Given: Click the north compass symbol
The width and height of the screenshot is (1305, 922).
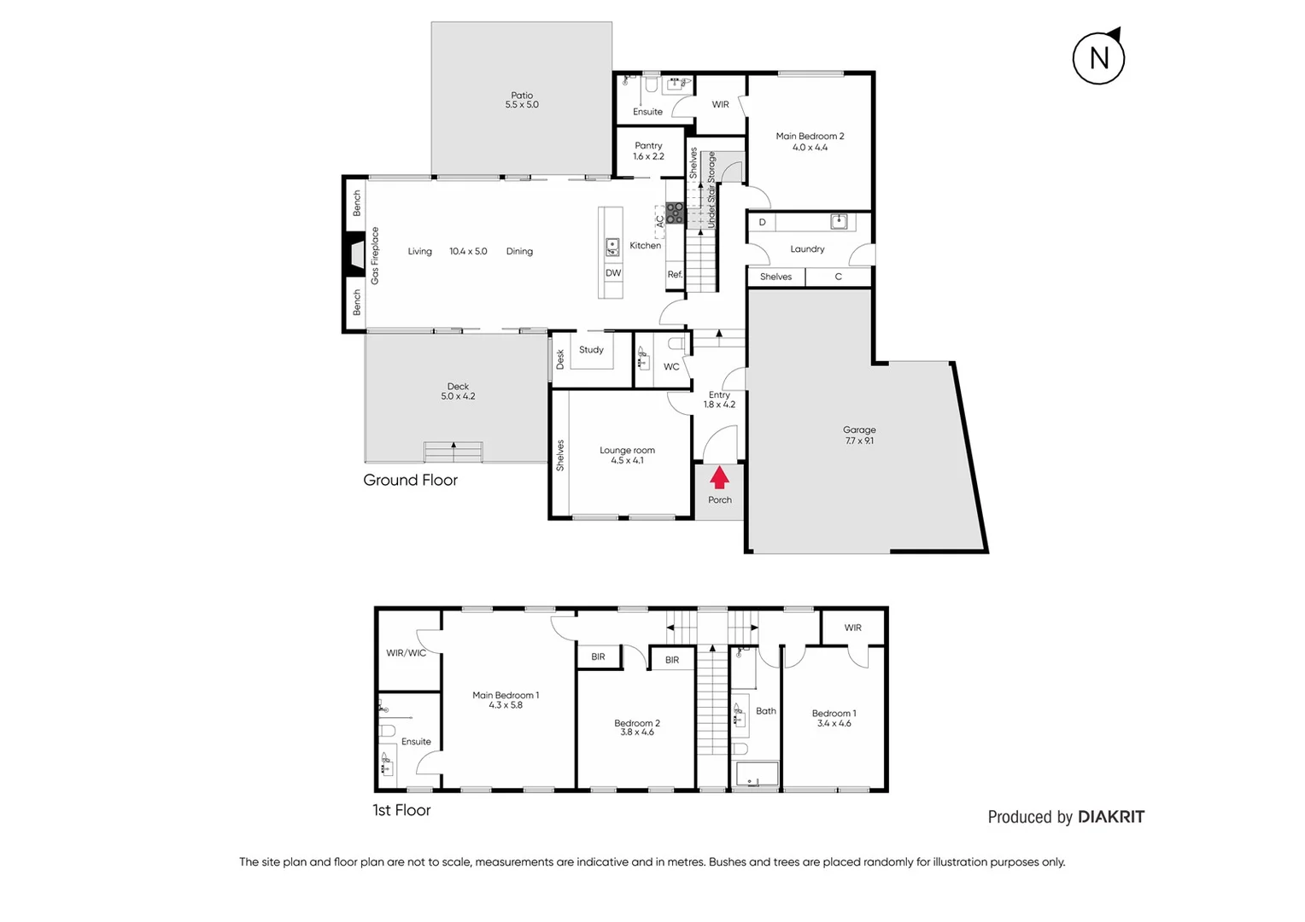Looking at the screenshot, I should click(x=1098, y=57).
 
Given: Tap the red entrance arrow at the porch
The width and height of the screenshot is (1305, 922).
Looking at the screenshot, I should click(x=719, y=477).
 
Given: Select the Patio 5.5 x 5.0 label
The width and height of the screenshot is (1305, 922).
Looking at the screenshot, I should click(x=522, y=100).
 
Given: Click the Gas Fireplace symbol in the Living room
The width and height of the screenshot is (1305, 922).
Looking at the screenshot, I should click(x=354, y=255).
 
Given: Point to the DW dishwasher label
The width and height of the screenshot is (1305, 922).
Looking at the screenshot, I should click(x=613, y=273).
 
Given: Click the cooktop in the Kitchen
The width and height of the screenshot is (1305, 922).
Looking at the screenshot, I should click(x=675, y=213).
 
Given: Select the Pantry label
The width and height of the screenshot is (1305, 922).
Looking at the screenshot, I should click(x=648, y=151).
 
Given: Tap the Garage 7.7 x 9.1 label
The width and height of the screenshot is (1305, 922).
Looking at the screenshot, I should click(x=859, y=435).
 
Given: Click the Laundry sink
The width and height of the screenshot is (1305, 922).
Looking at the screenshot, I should click(x=839, y=222).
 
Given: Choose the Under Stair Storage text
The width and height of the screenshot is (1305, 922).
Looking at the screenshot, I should click(x=711, y=190).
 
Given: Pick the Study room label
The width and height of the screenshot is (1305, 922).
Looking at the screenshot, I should click(x=591, y=350).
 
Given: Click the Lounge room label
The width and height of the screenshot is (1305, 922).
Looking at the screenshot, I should click(x=627, y=455).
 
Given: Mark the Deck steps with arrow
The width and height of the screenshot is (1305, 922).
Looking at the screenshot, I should click(x=454, y=452).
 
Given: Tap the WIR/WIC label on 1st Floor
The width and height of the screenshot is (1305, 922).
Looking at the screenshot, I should click(x=406, y=653).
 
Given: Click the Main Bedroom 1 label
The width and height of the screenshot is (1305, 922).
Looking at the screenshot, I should click(x=506, y=700).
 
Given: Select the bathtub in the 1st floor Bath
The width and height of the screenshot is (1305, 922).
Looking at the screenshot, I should click(x=757, y=774).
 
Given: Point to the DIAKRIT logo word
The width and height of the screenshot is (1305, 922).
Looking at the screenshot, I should click(x=1110, y=817).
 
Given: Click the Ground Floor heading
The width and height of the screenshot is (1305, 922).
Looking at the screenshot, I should click(x=410, y=480).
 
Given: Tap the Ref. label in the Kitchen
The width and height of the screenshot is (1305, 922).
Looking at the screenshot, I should click(x=675, y=275).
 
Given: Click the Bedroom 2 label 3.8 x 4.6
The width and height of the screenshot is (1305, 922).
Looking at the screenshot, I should click(x=637, y=727).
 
